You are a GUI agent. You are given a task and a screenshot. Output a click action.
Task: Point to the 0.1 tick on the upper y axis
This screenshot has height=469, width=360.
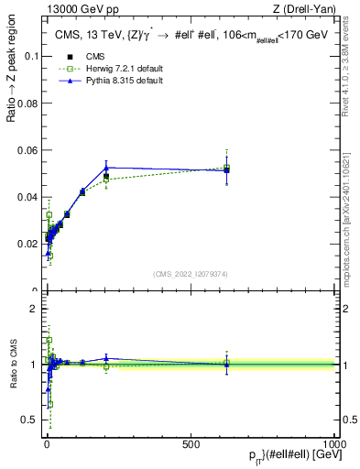click(31, 56)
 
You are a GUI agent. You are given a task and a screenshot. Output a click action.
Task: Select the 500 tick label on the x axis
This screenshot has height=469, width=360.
click(191, 444)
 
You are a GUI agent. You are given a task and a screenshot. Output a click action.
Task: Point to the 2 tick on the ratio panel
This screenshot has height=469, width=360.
click(34, 309)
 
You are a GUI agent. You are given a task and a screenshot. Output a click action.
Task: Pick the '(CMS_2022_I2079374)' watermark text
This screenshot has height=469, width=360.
click(190, 274)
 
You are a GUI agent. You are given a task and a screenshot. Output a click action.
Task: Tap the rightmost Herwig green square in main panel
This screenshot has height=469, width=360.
click(226, 168)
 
